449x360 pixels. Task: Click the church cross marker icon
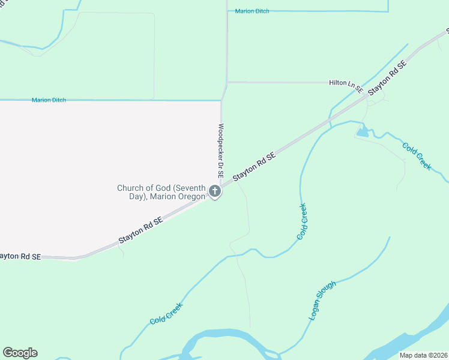(215, 192)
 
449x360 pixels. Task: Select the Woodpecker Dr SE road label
(221, 151)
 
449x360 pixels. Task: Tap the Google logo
(20, 353)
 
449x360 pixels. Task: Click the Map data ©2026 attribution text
(424, 355)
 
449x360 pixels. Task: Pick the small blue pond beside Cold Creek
(363, 132)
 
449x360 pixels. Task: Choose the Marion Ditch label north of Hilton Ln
(252, 11)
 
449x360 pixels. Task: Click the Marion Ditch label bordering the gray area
(49, 100)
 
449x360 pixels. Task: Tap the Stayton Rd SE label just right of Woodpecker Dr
(254, 166)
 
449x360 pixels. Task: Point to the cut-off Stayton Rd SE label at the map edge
(20, 256)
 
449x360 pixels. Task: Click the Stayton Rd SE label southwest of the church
(140, 230)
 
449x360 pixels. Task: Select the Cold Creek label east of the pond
(417, 155)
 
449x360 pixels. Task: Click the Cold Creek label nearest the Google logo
(166, 313)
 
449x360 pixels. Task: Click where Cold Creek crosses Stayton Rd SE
(330, 122)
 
